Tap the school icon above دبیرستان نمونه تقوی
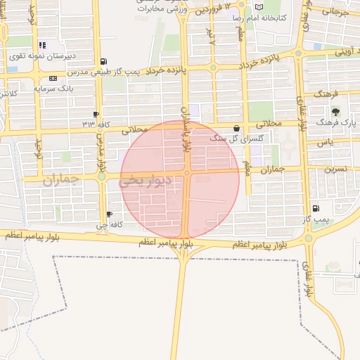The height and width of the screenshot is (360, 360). (x=43, y=44)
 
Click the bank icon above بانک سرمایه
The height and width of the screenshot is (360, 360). (x=43, y=77)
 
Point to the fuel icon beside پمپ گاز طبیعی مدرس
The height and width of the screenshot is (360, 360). (x=104, y=62)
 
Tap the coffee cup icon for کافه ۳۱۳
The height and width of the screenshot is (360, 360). (x=96, y=113)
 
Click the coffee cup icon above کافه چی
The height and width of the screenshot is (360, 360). (x=109, y=214)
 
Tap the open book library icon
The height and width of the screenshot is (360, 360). (x=260, y=6)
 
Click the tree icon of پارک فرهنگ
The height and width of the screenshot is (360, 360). (x=335, y=111)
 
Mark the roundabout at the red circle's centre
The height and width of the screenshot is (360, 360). (x=187, y=173)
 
